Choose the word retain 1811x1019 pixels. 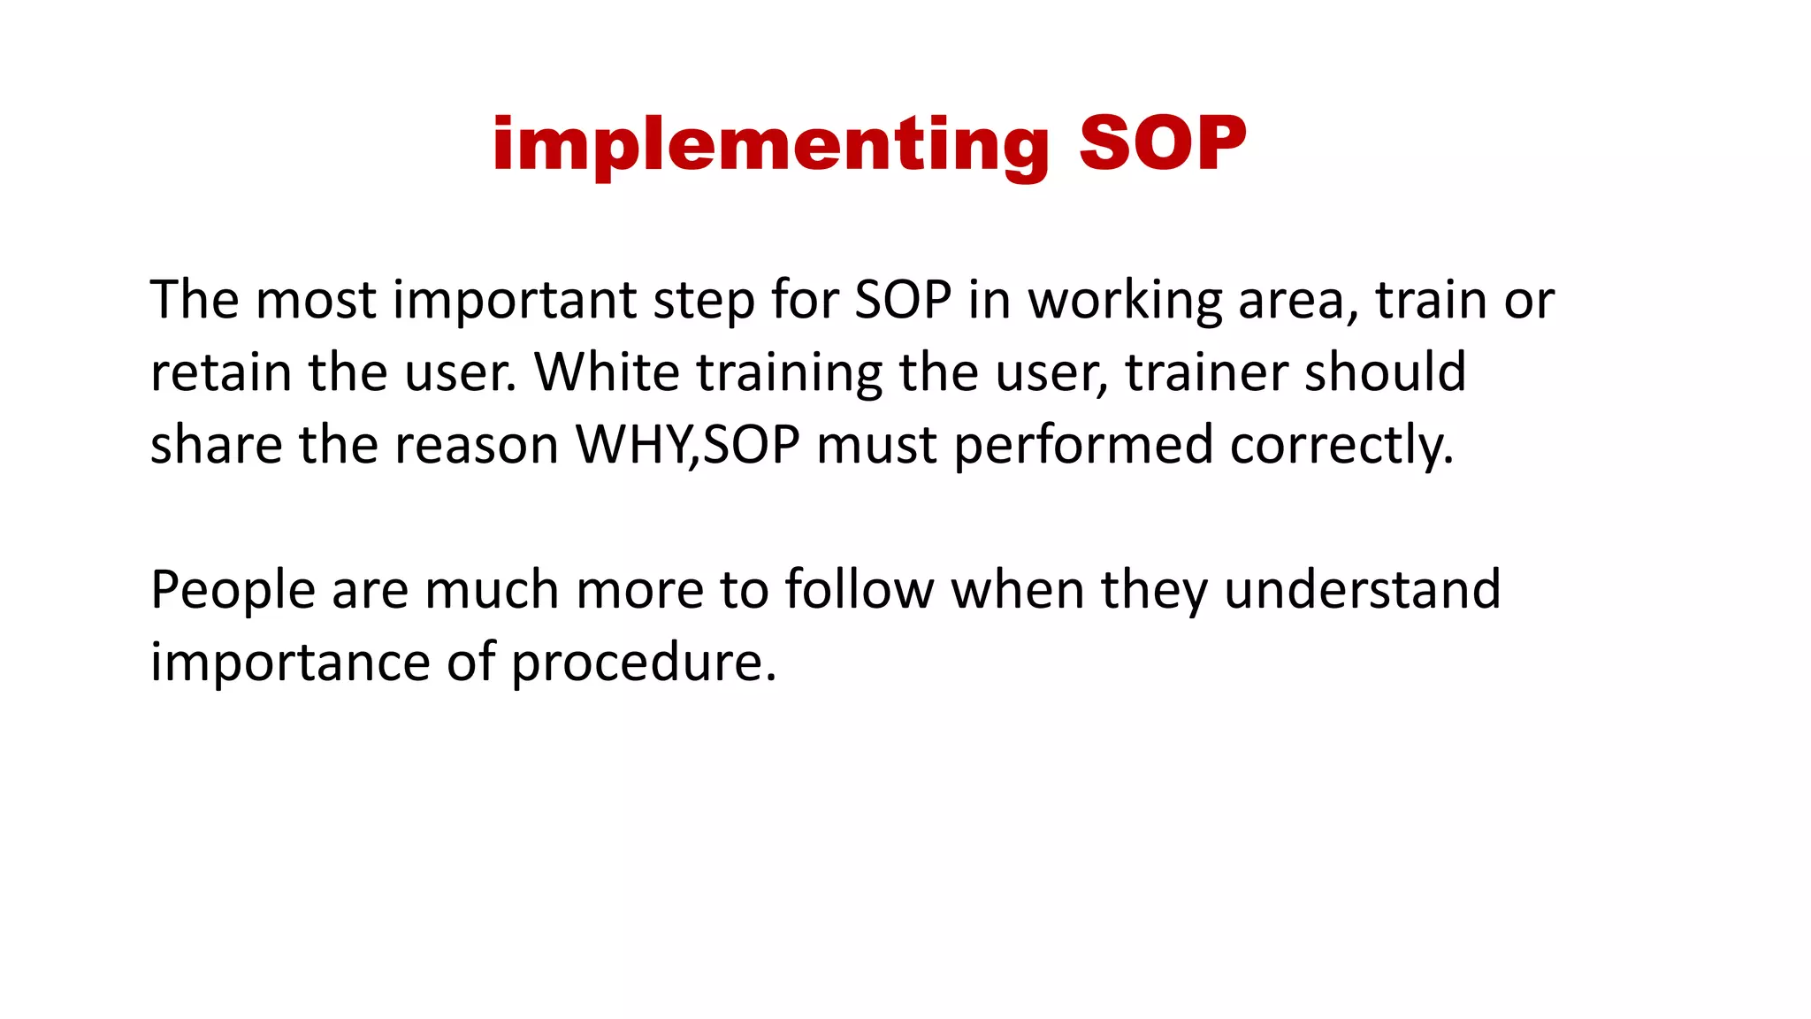pos(221,372)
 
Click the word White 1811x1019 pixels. pos(607,372)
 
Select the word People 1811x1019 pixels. pos(233,590)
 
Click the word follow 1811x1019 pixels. pos(859,590)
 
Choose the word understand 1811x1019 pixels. pos(1362,590)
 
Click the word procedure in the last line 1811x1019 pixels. pos(643,662)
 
